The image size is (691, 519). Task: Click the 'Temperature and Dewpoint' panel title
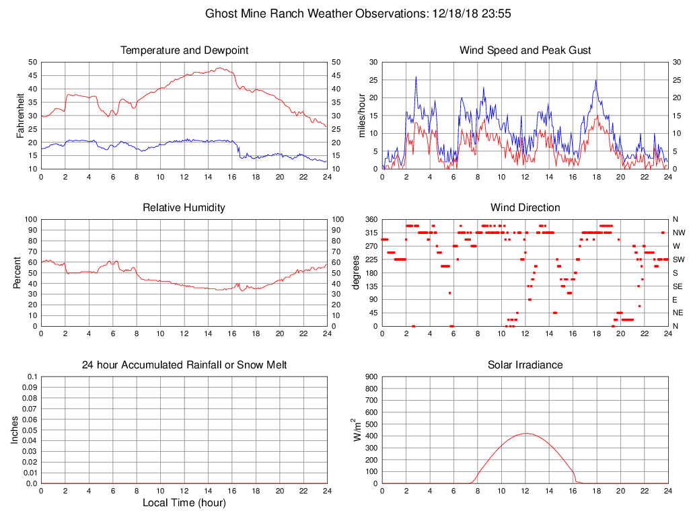(x=184, y=50)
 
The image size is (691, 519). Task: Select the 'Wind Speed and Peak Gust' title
(x=525, y=50)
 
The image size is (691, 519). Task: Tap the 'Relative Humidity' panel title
(x=184, y=208)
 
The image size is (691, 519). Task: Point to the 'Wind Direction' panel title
(x=525, y=208)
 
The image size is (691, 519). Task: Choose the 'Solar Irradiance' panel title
(x=525, y=365)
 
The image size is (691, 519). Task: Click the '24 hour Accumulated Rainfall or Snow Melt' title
(x=184, y=365)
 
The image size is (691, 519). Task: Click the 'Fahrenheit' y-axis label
(x=21, y=115)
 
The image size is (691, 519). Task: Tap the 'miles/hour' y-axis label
(x=362, y=115)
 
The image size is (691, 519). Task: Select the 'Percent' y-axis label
(x=17, y=272)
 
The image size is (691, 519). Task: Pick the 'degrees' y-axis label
(x=357, y=272)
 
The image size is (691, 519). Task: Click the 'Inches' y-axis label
(x=15, y=430)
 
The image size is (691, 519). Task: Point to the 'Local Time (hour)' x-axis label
(x=184, y=503)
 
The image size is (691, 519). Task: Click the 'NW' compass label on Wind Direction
(x=678, y=233)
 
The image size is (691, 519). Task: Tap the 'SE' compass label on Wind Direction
(x=677, y=286)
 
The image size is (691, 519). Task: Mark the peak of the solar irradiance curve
(x=525, y=433)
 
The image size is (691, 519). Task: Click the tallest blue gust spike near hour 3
(x=416, y=77)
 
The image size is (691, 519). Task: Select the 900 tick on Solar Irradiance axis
(x=371, y=377)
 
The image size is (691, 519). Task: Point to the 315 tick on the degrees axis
(x=371, y=233)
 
